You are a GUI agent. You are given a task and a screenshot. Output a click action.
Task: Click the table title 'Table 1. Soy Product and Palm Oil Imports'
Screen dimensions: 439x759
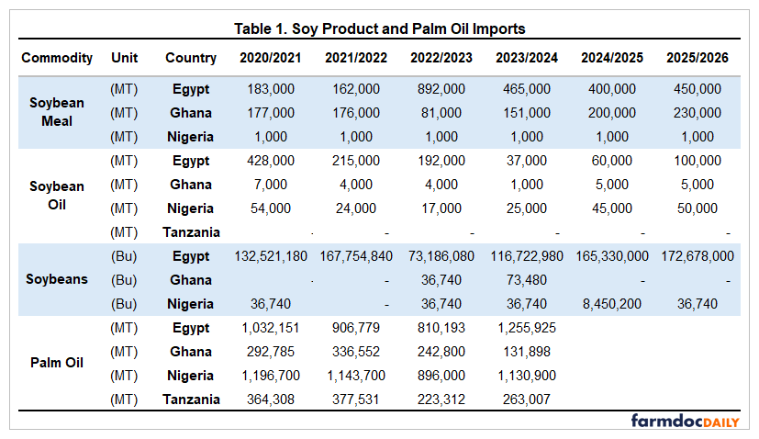click(x=379, y=29)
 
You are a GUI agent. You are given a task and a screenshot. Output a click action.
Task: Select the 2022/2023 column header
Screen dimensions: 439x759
click(x=441, y=57)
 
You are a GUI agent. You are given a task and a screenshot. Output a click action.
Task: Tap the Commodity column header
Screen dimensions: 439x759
click(x=57, y=57)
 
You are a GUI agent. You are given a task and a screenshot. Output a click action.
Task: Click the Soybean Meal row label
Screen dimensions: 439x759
click(x=57, y=113)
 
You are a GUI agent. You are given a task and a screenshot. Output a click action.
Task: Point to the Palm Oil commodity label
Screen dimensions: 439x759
click(x=57, y=363)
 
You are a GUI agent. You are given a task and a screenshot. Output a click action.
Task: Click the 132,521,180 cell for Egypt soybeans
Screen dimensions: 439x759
click(x=269, y=256)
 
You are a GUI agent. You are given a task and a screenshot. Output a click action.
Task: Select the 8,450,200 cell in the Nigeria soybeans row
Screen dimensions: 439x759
click(x=612, y=304)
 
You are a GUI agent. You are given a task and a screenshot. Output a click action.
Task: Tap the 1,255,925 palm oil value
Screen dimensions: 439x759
click(x=527, y=328)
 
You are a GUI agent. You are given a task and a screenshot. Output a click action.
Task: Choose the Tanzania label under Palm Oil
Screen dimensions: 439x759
click(x=191, y=400)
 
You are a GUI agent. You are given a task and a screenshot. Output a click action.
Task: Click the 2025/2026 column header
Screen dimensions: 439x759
click(x=698, y=57)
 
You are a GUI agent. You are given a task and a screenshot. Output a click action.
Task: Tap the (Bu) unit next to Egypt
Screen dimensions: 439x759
click(x=124, y=256)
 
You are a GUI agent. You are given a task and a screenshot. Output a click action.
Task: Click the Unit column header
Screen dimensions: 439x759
click(x=124, y=57)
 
